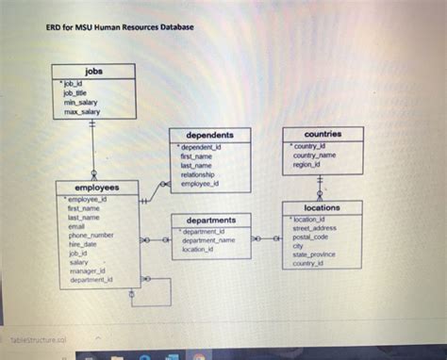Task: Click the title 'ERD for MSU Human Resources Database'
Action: tap(120, 26)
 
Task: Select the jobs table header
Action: tap(94, 71)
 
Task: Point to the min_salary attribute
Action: tap(80, 103)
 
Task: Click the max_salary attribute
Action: tap(81, 111)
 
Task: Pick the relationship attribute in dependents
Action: tap(197, 174)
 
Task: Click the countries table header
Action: tap(323, 135)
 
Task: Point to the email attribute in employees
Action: tap(76, 226)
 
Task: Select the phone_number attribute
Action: tap(91, 235)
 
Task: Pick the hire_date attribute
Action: tap(83, 243)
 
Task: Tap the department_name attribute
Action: tap(208, 240)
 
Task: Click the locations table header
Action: tap(323, 208)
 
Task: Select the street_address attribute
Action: tap(314, 228)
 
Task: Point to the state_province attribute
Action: tap(314, 255)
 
